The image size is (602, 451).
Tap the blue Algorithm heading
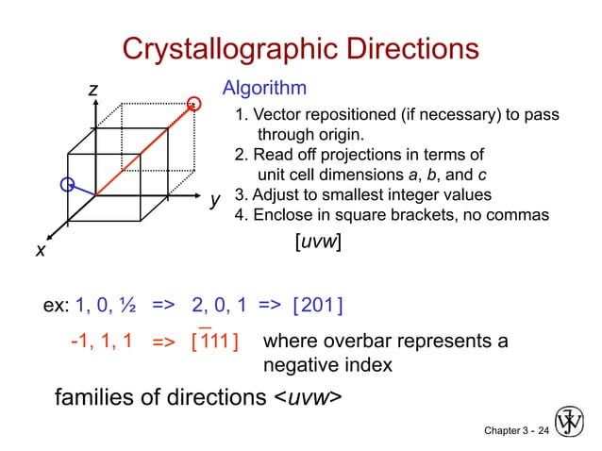(263, 89)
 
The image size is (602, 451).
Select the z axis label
(92, 90)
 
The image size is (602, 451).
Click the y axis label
(215, 200)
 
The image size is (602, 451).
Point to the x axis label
(41, 250)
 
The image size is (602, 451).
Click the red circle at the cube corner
(195, 102)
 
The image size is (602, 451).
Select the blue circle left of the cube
(67, 185)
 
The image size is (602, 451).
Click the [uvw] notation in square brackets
(317, 242)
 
